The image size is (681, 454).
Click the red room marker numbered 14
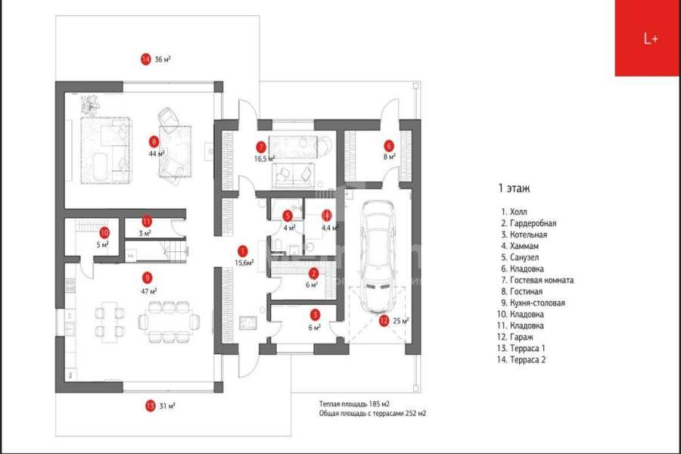point(146,58)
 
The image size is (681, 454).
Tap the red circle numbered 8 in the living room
point(154,141)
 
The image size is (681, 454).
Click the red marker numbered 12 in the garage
point(384,321)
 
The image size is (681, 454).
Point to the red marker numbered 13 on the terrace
point(150,406)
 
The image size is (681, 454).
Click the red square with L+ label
point(647,38)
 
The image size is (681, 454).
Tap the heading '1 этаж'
point(514,187)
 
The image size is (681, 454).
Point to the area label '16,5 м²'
point(264,159)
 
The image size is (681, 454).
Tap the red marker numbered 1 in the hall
point(242,250)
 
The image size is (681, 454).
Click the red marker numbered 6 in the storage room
point(389,145)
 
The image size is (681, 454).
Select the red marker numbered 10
point(104,233)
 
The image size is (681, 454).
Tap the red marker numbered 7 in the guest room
point(261,146)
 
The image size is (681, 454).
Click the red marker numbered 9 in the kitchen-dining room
point(147,278)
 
